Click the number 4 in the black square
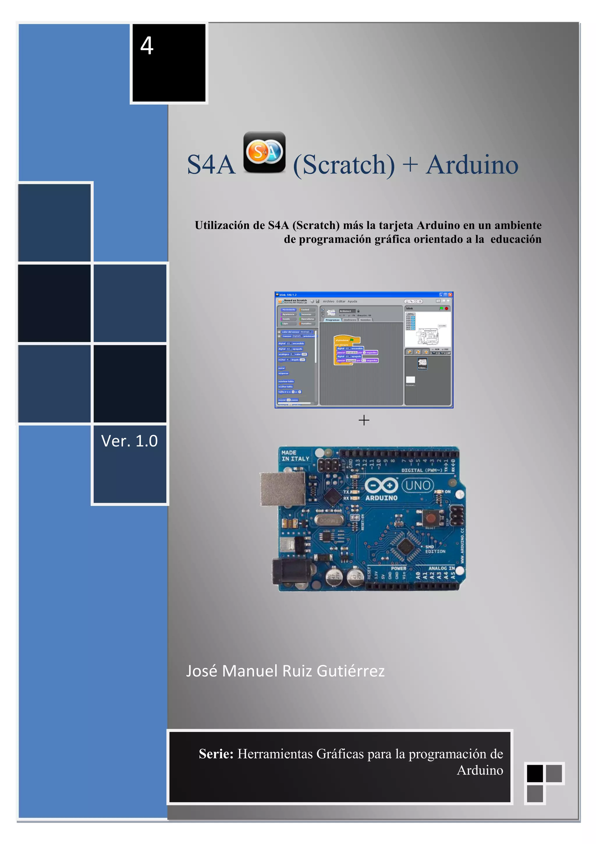pos(147,46)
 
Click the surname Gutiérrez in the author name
pos(350,671)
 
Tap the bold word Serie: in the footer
pos(216,754)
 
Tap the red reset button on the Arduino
pos(430,518)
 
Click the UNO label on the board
pos(418,485)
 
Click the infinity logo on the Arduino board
pos(381,485)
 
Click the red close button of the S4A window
pos(450,295)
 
